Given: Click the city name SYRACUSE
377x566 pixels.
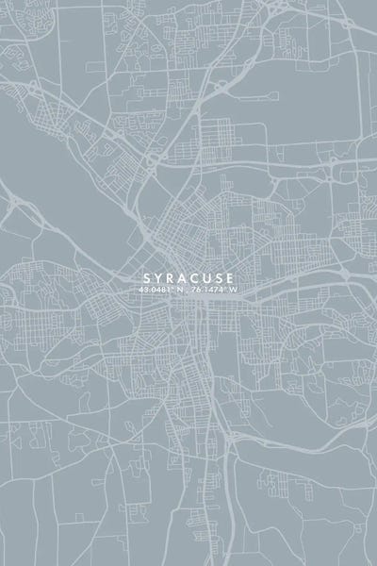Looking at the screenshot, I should [x=188, y=277].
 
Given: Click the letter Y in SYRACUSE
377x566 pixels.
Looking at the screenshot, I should [x=156, y=277].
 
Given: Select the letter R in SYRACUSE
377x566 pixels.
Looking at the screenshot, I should [x=170, y=277].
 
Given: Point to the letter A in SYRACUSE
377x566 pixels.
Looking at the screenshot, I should [x=183, y=277].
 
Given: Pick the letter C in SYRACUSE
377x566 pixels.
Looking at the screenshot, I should [x=196, y=277].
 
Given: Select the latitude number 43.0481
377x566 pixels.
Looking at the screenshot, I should [x=154, y=290].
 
